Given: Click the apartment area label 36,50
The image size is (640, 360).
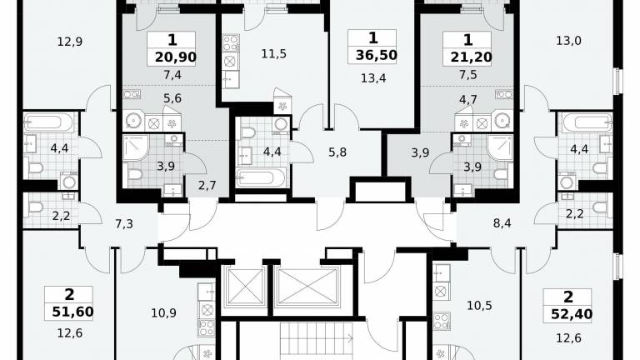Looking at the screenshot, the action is coord(377,55).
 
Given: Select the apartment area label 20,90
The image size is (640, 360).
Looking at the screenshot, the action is coord(176,57).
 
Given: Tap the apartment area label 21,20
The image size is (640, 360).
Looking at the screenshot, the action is coord(472,57).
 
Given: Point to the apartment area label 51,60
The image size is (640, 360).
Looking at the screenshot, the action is coord(73,312).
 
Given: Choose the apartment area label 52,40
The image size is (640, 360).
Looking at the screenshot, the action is coord(572,314).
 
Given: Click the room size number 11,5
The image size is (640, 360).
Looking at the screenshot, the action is coord(274,54).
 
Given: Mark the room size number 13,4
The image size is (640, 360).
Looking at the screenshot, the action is coord(373,78).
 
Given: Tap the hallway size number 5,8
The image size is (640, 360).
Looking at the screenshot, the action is coord(337,152).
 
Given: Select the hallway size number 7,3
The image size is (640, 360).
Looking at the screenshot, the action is coord(124,223).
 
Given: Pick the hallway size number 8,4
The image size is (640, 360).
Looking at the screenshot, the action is coord(502,223).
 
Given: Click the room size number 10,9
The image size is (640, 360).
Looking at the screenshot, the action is coord(163,313).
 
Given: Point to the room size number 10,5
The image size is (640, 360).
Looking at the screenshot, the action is coord(480,306).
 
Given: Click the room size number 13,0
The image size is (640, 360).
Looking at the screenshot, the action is coord(569,41).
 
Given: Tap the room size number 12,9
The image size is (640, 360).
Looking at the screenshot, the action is coord(70,42).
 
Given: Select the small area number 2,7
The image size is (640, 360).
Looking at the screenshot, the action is coord(207,186).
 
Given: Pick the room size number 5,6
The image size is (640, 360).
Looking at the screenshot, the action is coord(172,99).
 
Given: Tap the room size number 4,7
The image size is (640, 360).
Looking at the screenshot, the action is coord(468,100).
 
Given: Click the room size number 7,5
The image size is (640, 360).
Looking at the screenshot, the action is coord(468,75).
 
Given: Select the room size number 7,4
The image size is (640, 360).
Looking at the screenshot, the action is coord(172,75).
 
